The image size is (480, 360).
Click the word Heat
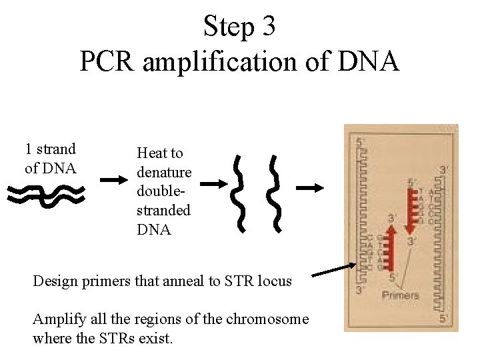tap(152, 153)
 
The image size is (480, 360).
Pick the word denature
tap(164, 172)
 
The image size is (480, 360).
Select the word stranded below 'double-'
tap(163, 211)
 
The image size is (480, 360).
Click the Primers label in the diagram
tap(401, 295)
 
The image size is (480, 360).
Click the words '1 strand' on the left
tap(51, 149)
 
